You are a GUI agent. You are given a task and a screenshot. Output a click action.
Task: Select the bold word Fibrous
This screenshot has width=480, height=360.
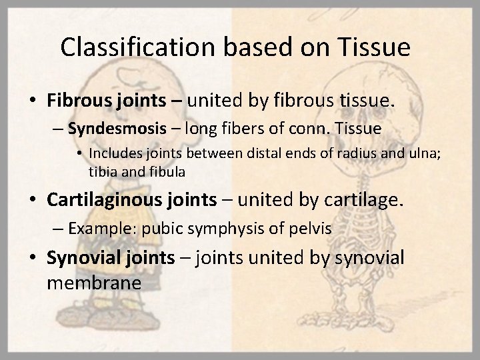point(77,101)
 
